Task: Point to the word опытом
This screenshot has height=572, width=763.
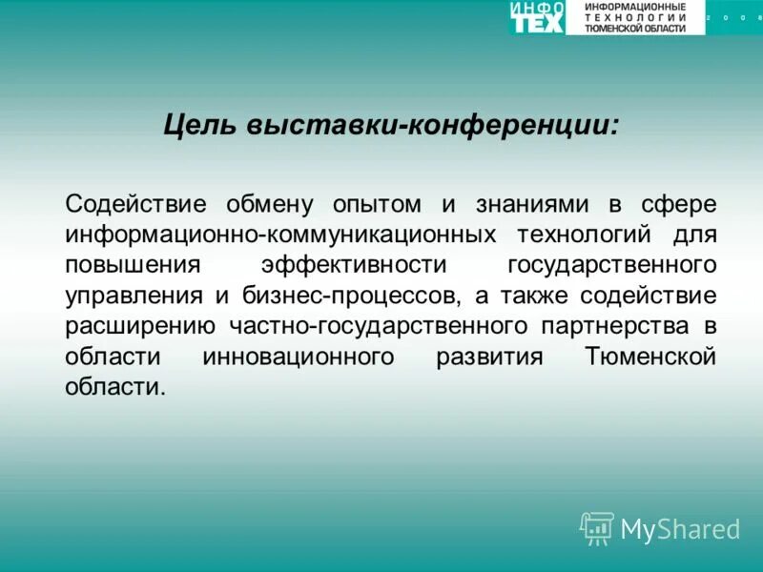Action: (376, 204)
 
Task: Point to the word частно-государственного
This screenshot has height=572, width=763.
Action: (379, 326)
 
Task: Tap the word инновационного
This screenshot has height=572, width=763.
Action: (299, 357)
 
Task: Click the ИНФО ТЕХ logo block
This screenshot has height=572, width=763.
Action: (538, 17)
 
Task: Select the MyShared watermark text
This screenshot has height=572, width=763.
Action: (680, 529)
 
